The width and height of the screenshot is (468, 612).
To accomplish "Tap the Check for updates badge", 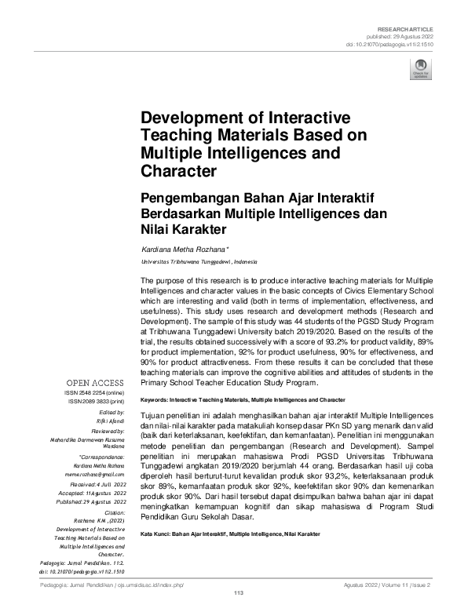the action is pos(421,69).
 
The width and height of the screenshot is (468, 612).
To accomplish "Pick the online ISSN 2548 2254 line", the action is pos(100,393).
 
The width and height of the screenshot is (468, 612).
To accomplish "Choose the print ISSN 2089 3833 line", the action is pos(98,402).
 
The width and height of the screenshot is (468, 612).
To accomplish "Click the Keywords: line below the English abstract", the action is pos(243,399).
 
